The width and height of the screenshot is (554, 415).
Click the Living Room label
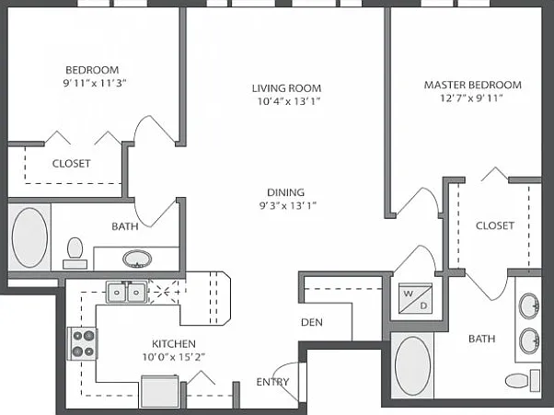[286, 88]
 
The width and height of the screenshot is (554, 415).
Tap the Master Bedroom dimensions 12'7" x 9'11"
[471, 98]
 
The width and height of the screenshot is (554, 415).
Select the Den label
[312, 322]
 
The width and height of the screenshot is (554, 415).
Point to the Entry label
[272, 382]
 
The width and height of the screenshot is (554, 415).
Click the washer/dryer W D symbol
[415, 298]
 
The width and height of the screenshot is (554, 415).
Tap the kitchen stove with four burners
[83, 343]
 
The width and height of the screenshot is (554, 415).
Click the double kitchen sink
[126, 292]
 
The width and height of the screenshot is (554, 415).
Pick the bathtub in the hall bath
[29, 237]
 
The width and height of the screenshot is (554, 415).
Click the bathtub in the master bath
[412, 365]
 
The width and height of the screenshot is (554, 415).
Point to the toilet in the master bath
[523, 381]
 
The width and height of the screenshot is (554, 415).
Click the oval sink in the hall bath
[137, 259]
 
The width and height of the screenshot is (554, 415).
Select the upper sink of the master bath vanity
[529, 305]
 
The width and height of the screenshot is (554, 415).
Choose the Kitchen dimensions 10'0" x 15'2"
[174, 357]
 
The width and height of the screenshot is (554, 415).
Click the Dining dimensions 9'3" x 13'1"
[288, 205]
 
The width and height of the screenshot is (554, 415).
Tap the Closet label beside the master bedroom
[495, 225]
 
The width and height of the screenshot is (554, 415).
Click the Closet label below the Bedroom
[72, 164]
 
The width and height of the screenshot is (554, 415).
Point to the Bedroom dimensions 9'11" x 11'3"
[95, 84]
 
